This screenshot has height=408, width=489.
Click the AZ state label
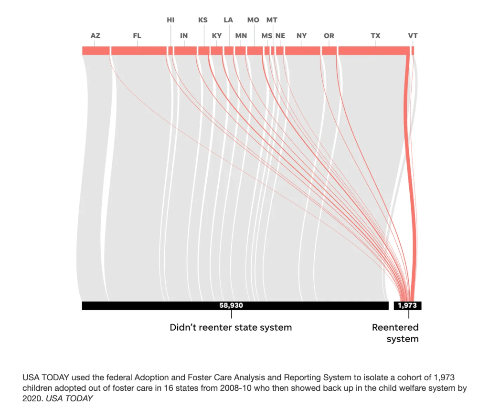[x=96, y=36]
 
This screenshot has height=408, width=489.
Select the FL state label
[x=137, y=36]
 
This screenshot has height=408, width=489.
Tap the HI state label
[x=170, y=20]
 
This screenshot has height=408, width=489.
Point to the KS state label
[x=203, y=20]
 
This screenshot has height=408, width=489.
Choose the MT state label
[x=272, y=20]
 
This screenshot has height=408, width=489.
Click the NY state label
[x=301, y=36]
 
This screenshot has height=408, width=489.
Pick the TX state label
[x=375, y=36]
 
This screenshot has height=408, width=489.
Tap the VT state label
[x=413, y=36]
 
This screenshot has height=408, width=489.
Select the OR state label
[x=329, y=36]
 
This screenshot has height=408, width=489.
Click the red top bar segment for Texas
[x=373, y=51]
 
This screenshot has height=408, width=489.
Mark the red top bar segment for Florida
[x=138, y=51]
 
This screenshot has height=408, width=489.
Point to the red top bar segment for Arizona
[x=96, y=51]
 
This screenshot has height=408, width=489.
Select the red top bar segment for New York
[x=302, y=51]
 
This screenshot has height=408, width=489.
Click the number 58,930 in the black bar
[x=231, y=306]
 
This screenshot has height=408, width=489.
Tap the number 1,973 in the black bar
[x=407, y=306]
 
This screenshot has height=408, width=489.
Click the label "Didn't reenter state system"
[x=231, y=328]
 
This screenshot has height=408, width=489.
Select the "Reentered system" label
[x=395, y=333]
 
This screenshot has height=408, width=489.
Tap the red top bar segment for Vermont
[x=413, y=51]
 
